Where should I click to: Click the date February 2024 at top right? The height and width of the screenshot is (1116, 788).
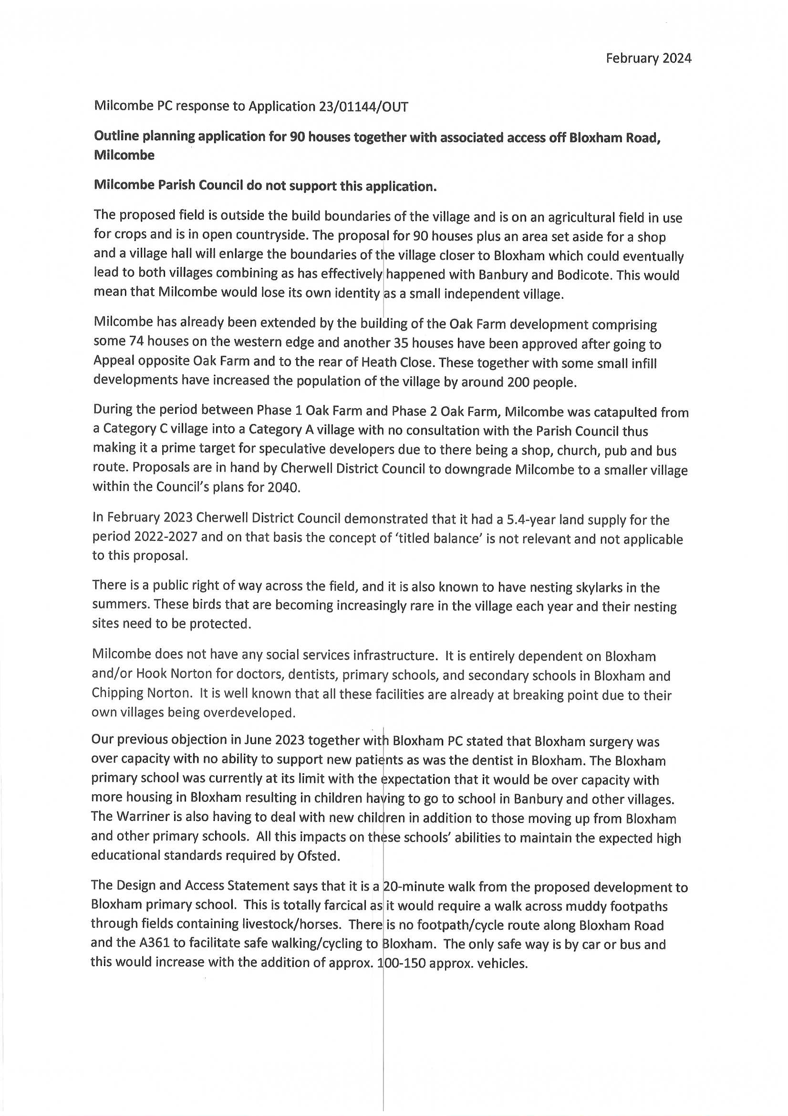[648, 58]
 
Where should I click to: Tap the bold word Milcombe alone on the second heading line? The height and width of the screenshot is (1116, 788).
[124, 155]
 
